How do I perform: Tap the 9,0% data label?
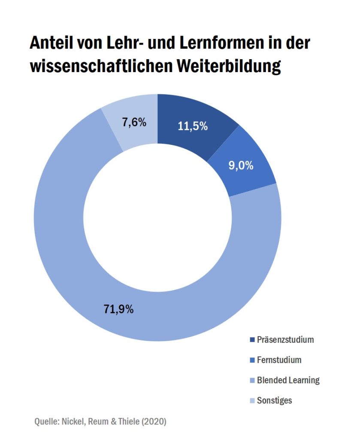(240, 165)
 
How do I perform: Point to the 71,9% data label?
(118, 308)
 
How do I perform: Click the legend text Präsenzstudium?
(285, 340)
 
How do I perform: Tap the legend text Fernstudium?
(279, 360)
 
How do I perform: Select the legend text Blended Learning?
(288, 380)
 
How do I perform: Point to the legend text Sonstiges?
(274, 400)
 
